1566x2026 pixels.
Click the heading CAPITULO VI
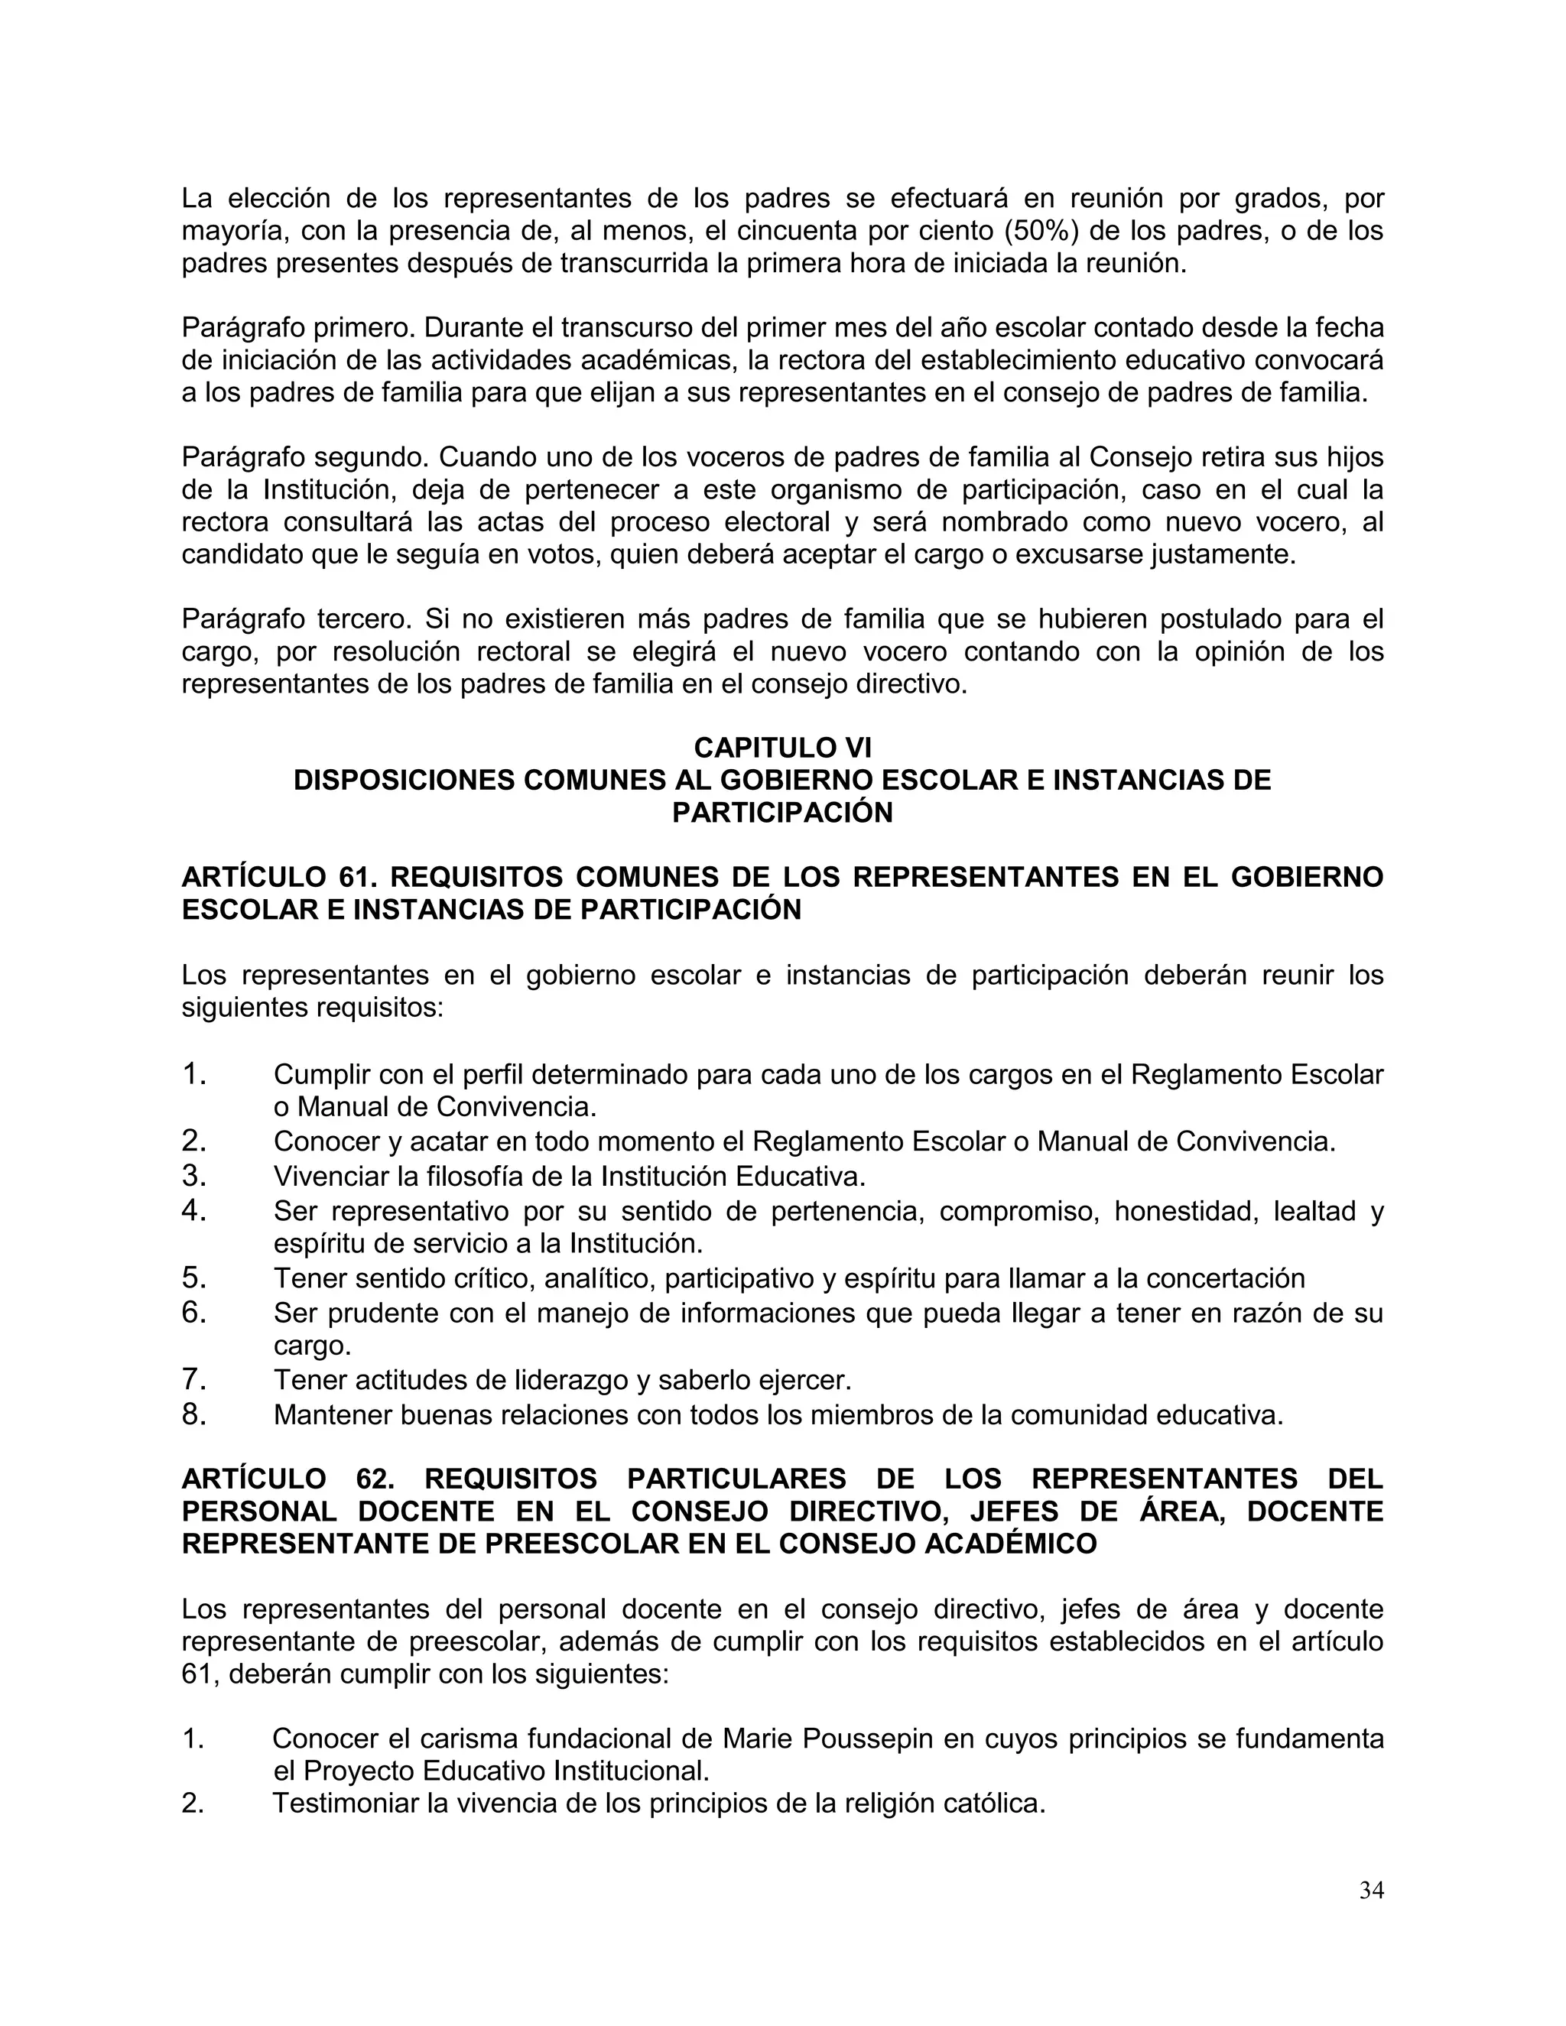pyautogui.click(x=782, y=747)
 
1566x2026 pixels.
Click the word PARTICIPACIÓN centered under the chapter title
pyautogui.click(x=782, y=813)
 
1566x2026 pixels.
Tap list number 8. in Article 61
pyautogui.click(x=194, y=1414)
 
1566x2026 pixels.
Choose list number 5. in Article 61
pyautogui.click(x=194, y=1278)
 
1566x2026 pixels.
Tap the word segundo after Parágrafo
pyautogui.click(x=370, y=457)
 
